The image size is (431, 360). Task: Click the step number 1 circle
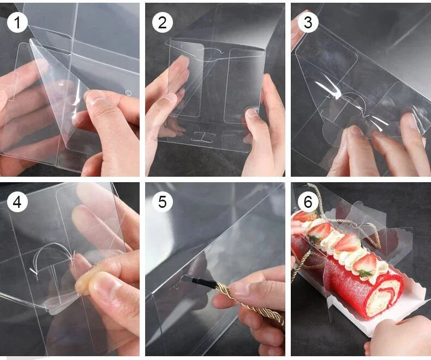tap(17, 22)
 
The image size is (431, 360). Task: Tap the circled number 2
tap(162, 22)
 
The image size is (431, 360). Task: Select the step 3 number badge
tap(308, 22)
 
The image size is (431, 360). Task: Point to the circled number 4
tap(17, 202)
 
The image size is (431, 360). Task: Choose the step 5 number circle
tap(162, 202)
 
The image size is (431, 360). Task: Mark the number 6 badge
tap(308, 202)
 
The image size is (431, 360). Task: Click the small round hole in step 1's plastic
tap(128, 93)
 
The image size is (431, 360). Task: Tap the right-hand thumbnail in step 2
tap(252, 113)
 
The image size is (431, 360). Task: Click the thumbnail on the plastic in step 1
tap(97, 98)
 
